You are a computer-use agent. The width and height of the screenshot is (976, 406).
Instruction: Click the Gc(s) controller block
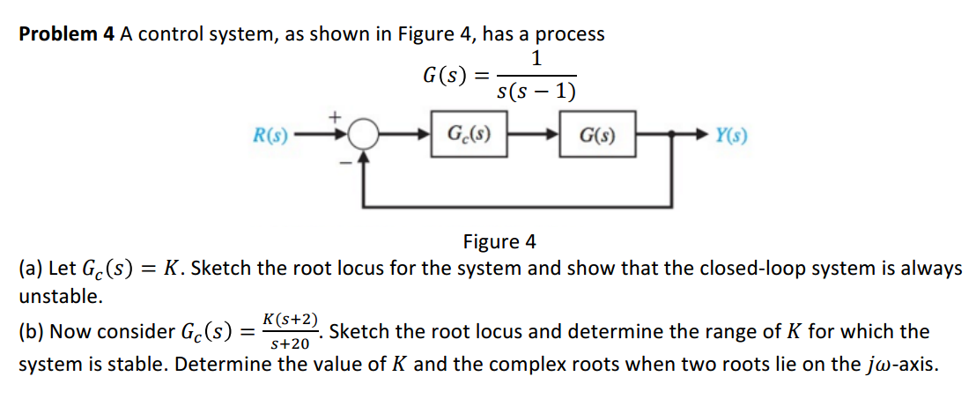point(469,136)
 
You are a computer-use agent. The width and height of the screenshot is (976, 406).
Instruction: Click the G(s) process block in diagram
point(596,136)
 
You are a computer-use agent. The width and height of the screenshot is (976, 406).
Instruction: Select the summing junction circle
point(361,136)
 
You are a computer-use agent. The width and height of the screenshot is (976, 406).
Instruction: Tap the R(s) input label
point(270,136)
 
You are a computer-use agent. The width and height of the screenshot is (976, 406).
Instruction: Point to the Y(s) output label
point(732,136)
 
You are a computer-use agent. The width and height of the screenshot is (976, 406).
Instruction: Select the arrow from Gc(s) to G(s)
point(533,136)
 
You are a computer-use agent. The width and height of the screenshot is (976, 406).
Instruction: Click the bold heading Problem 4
point(67,34)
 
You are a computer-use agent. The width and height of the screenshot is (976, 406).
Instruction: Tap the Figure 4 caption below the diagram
point(499,241)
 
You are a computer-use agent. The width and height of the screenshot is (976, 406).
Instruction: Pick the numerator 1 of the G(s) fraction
point(536,59)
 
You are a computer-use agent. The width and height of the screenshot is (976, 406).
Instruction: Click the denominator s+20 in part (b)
point(288,344)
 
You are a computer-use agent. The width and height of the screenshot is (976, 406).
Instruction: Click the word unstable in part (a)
point(60,296)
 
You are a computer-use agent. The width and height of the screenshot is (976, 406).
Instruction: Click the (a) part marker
point(30,269)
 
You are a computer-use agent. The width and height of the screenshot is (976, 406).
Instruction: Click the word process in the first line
point(570,34)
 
